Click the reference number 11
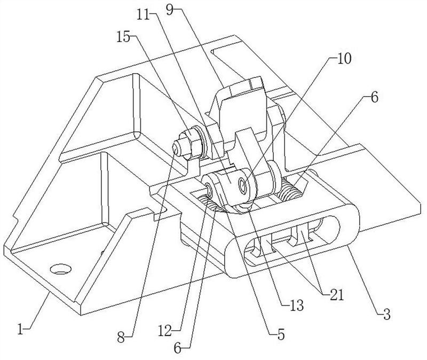[143, 15]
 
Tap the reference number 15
[123, 37]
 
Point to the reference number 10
[344, 59]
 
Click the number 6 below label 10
[375, 97]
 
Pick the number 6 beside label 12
[177, 349]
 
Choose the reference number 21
[336, 294]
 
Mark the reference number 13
[297, 306]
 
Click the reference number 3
[386, 314]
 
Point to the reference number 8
[121, 338]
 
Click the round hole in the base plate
[61, 269]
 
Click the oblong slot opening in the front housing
[292, 237]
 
